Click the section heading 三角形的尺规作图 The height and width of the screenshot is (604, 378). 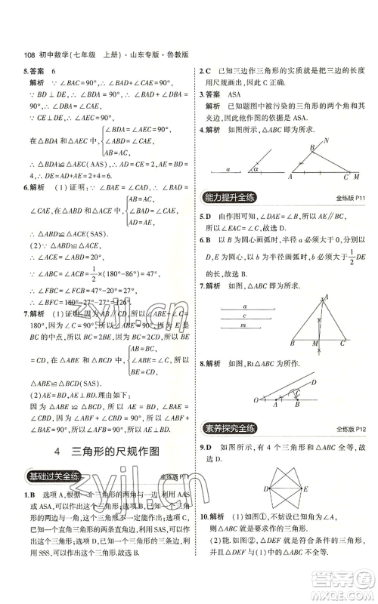click(x=115, y=452)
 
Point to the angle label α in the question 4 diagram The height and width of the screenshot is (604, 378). click(x=255, y=169)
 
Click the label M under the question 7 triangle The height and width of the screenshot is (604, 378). click(x=312, y=342)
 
